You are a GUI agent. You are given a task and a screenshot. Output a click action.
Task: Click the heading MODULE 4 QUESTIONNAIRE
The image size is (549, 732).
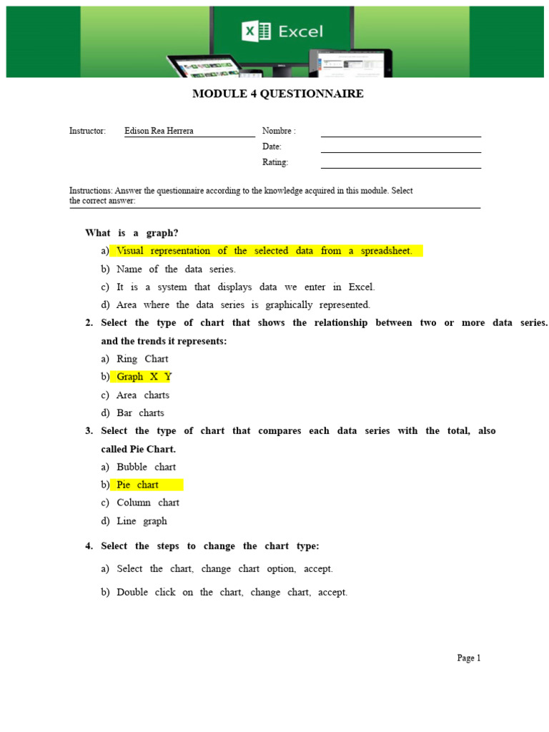pos(277,94)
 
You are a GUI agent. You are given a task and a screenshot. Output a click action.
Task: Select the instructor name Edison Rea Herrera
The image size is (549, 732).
pos(159,131)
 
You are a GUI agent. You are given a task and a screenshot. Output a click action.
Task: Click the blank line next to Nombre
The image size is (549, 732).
pos(400,133)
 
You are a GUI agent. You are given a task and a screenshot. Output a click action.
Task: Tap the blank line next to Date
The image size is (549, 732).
pos(400,149)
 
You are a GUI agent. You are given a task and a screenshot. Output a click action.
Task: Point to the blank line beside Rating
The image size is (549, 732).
pos(400,164)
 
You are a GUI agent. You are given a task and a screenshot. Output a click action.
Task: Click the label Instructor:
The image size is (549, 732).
pos(87,131)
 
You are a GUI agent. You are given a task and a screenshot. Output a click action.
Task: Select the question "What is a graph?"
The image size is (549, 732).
pos(132,233)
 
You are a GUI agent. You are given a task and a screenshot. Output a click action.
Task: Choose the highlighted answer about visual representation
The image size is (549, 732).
pos(264,251)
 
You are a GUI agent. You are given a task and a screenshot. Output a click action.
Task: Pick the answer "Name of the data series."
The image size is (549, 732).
pos(176,269)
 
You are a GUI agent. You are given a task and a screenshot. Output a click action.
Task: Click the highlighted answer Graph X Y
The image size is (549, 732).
pos(144,377)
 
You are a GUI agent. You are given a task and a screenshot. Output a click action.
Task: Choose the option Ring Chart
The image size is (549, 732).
pos(142,359)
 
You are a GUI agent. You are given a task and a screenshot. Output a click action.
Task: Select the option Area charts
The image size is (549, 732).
pos(143,395)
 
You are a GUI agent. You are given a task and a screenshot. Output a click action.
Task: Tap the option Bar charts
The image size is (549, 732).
pos(140,412)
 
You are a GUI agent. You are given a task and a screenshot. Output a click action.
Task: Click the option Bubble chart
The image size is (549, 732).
pos(146,467)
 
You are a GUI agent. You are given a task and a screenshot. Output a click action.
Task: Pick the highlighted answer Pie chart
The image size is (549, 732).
pos(138,485)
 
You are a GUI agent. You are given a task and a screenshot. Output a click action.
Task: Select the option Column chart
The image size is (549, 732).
pos(148,503)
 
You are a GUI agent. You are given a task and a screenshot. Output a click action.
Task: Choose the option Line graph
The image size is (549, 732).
pos(142,521)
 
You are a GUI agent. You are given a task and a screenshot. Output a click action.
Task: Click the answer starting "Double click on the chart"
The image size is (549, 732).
pos(232,592)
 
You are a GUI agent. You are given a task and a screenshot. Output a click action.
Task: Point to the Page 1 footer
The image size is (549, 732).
pos(469,658)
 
